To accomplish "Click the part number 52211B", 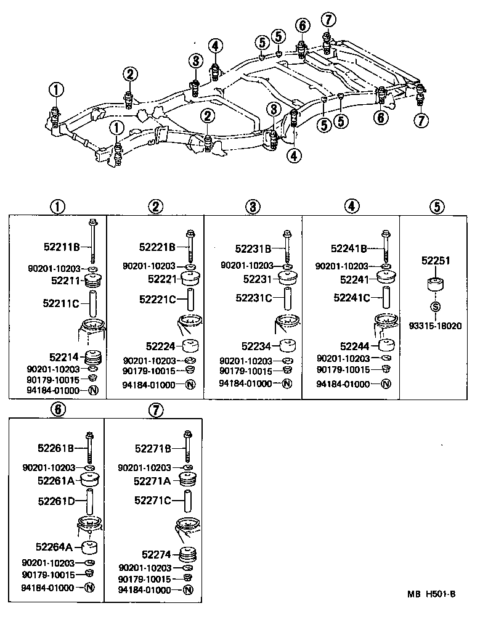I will coord(62,247).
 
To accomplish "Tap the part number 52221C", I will coord(158,299).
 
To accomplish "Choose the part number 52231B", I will coord(253,248).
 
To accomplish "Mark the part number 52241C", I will coord(351,297).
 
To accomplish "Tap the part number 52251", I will coord(436,261).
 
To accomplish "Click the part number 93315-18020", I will coord(435,326).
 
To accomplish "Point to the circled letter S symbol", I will coord(436,306).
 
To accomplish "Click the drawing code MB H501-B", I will coord(431,594).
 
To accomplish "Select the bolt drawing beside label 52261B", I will coord(90,448).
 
